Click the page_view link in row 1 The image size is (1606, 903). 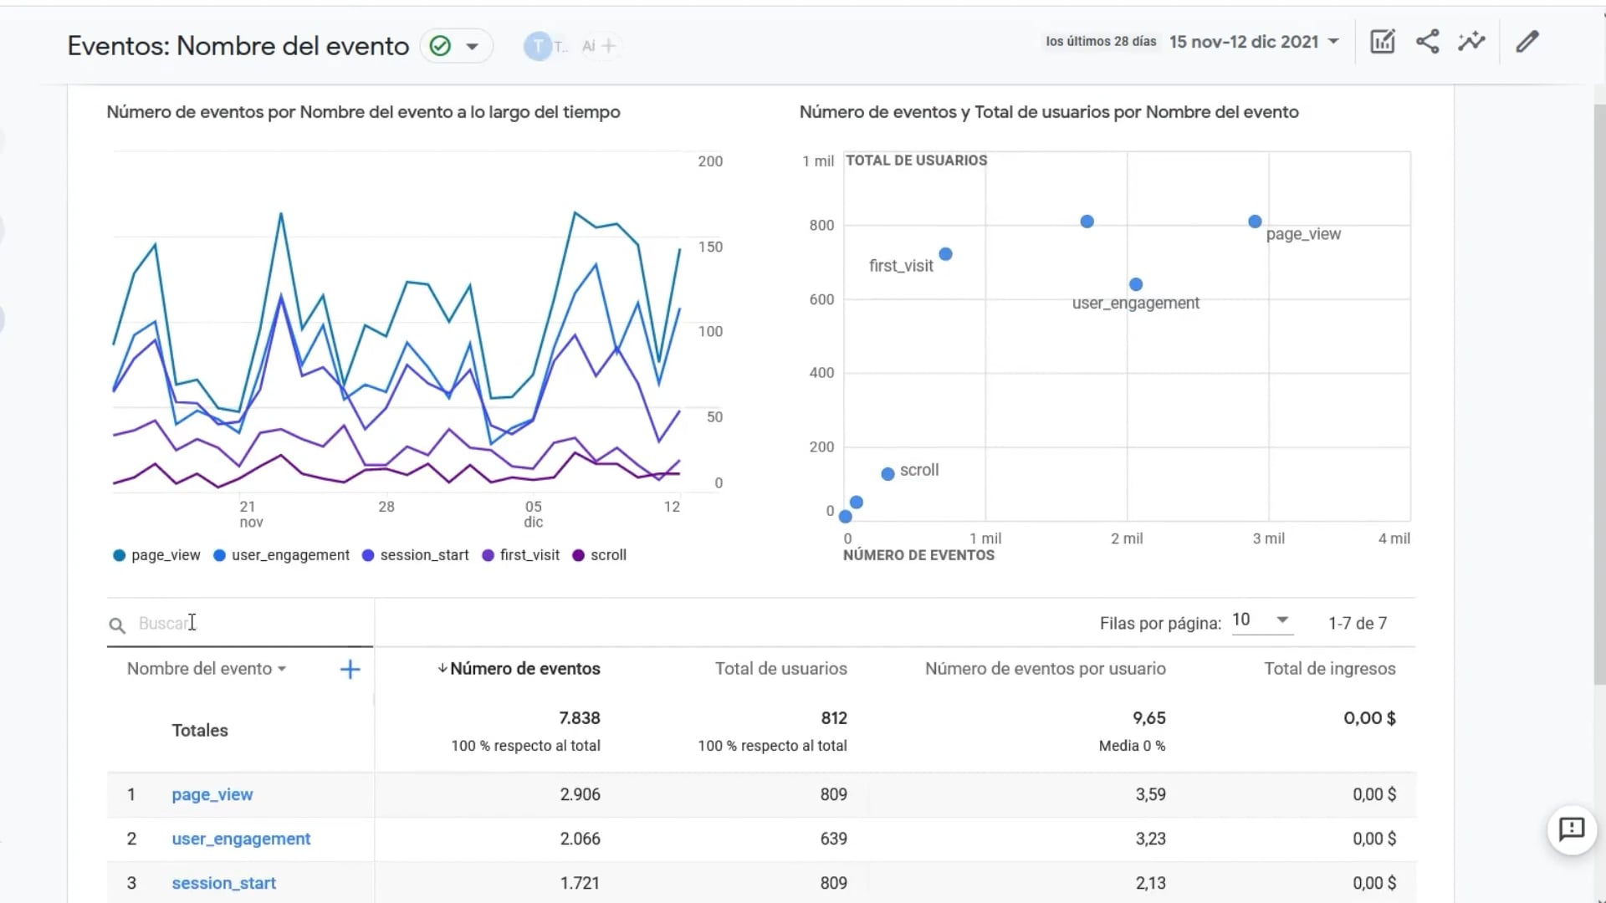click(x=212, y=794)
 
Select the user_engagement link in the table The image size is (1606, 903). click(x=241, y=839)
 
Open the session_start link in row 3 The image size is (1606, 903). click(x=223, y=883)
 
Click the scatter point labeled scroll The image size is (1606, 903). click(x=887, y=474)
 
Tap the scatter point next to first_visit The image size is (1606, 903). click(x=945, y=254)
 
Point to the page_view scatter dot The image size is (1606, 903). click(x=1255, y=222)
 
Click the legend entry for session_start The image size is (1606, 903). click(x=416, y=555)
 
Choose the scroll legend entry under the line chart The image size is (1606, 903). click(x=600, y=555)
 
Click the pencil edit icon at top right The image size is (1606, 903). click(x=1527, y=42)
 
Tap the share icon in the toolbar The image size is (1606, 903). click(x=1427, y=42)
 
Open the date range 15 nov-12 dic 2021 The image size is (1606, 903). click(x=1253, y=42)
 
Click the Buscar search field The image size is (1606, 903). click(x=243, y=624)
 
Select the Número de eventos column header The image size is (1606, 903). click(x=524, y=669)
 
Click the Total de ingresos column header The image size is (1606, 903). click(x=1329, y=669)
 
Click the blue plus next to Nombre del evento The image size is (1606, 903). click(x=350, y=669)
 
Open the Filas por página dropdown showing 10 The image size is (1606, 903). click(x=1261, y=620)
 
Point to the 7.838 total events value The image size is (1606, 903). click(x=579, y=718)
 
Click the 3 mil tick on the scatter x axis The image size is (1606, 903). click(x=1268, y=538)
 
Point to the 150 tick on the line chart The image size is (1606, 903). click(x=710, y=247)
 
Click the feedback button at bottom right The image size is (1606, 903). click(x=1572, y=829)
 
